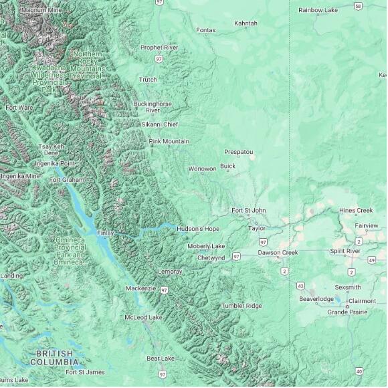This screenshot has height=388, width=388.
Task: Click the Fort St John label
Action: (248, 211)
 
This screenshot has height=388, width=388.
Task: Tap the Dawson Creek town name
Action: (278, 253)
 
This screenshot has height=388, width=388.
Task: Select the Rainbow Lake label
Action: (318, 10)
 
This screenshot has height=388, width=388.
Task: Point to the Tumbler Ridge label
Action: (241, 306)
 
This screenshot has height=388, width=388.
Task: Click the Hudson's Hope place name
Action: (198, 229)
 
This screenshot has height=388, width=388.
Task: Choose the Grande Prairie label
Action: (347, 312)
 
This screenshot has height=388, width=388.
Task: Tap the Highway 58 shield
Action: (359, 6)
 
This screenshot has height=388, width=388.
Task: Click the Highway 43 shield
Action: (300, 286)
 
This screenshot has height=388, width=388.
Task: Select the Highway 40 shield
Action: (359, 371)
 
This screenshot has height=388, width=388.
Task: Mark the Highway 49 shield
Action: (371, 260)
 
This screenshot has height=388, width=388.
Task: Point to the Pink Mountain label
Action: (169, 141)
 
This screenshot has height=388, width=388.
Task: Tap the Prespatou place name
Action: (239, 152)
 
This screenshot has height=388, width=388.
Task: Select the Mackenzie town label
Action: (140, 288)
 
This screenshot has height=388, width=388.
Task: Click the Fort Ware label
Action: (19, 107)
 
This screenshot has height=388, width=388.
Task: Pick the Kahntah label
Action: (246, 23)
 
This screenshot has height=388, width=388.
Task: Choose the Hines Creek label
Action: (356, 210)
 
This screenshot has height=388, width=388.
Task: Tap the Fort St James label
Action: (85, 372)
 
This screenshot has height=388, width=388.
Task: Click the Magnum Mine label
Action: (41, 11)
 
